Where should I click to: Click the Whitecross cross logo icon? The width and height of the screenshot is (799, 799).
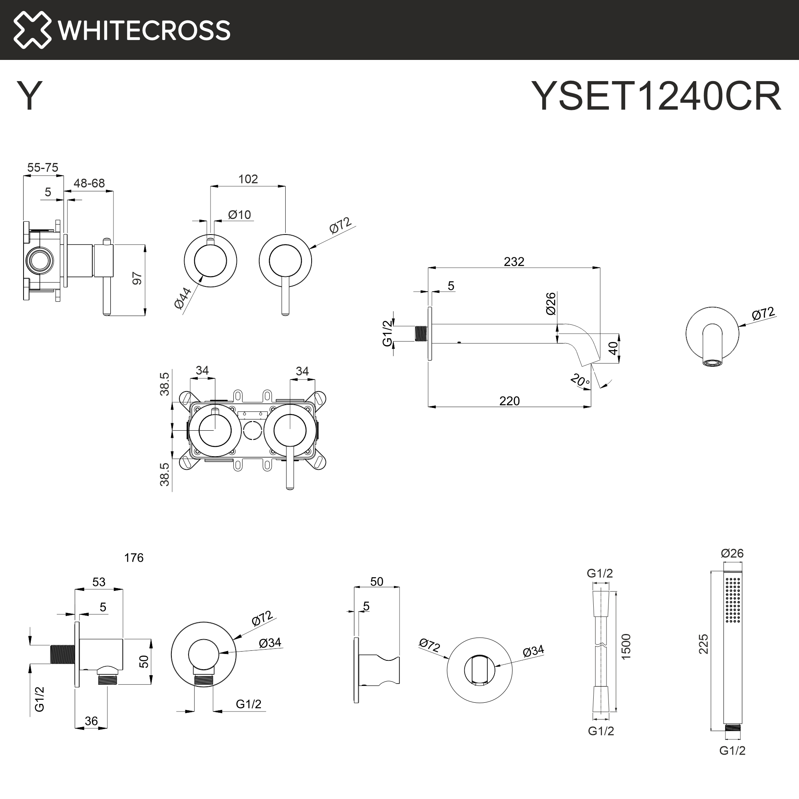(x=32, y=30)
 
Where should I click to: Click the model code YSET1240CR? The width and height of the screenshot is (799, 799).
(x=656, y=96)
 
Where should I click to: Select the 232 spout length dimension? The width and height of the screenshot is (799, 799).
(x=514, y=261)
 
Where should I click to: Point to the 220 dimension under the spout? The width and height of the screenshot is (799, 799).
(x=509, y=401)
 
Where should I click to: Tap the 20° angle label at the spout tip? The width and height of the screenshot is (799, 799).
(x=580, y=380)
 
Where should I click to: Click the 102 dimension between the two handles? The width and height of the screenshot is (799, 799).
(x=248, y=179)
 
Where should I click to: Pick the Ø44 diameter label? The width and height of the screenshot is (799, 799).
(x=183, y=298)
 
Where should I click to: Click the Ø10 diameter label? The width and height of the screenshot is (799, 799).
(x=239, y=215)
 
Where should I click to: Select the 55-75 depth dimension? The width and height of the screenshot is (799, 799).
(x=43, y=167)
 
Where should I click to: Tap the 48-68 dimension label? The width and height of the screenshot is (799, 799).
(x=89, y=183)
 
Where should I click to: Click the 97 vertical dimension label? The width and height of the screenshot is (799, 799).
(x=137, y=278)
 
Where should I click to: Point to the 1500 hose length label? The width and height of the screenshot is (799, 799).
(x=626, y=646)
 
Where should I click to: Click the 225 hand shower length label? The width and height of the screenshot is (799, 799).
(x=703, y=644)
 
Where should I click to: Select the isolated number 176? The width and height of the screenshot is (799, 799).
(x=133, y=558)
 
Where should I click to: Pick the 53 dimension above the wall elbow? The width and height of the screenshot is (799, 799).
(x=99, y=582)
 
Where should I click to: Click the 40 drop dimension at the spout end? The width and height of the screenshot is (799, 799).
(x=614, y=348)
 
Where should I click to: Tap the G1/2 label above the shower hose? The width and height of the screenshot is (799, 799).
(x=600, y=573)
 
